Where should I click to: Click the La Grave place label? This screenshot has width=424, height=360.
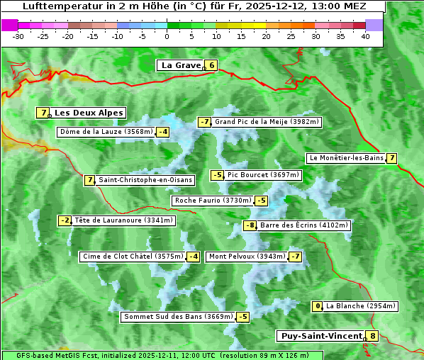tap(181, 65)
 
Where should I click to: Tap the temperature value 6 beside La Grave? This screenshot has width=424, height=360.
tap(211, 66)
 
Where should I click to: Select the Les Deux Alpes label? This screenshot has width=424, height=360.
tap(89, 113)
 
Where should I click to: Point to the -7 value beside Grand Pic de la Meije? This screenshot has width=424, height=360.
tap(205, 122)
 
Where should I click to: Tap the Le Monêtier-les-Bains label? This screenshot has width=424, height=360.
tap(346, 158)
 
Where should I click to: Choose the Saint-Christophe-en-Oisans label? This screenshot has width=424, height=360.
tap(145, 180)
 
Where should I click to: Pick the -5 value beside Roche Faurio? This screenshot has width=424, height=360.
tap(262, 201)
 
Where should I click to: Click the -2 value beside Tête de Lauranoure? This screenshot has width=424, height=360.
tap(65, 220)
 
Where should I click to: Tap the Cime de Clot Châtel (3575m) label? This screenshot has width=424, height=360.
tap(133, 257)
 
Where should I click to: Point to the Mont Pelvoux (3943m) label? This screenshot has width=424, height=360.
tap(247, 257)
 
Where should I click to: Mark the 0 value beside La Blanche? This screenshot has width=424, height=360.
tap(318, 306)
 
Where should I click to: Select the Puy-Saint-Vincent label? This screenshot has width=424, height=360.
tap(321, 336)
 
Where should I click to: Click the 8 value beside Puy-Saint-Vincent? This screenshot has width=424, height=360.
tap(373, 336)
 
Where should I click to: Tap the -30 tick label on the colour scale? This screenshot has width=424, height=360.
tap(18, 36)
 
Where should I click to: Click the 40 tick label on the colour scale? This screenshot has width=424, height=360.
tap(365, 36)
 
